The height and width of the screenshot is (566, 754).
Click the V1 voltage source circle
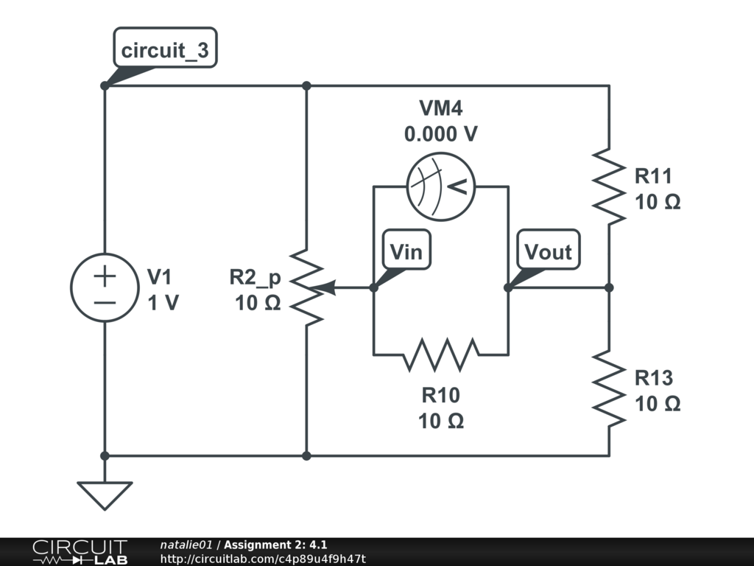tap(105, 287)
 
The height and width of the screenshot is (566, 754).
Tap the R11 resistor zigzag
tap(609, 186)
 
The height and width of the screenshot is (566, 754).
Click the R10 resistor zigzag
tap(441, 354)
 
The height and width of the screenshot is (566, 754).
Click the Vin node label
tap(406, 252)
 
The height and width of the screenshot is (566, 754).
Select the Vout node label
tap(548, 252)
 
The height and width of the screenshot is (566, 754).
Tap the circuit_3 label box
tap(165, 51)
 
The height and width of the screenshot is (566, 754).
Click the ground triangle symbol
tap(105, 494)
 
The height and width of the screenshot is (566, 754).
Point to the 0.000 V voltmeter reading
tap(441, 134)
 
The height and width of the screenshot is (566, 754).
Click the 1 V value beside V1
tap(163, 302)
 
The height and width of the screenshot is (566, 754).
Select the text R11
tap(654, 177)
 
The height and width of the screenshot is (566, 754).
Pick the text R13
tap(654, 378)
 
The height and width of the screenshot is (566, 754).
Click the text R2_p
tap(255, 277)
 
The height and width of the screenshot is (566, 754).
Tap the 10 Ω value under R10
tap(441, 421)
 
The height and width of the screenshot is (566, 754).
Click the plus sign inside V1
tap(105, 276)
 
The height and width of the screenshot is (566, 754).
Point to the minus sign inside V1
tap(105, 302)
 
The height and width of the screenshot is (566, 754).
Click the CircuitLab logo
tap(80, 552)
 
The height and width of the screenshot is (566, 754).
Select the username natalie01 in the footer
tap(186, 545)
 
